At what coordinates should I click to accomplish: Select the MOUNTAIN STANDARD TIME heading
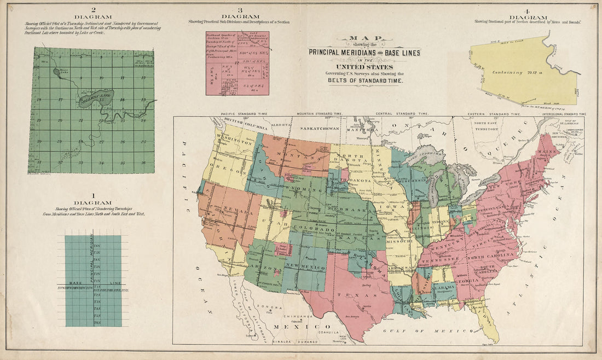coord(320,114)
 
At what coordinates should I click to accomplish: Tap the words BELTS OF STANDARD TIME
coord(365,80)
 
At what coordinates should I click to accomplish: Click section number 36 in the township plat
coord(143,162)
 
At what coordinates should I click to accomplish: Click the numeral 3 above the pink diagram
coord(240,10)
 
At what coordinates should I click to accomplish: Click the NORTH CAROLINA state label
coord(495,255)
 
